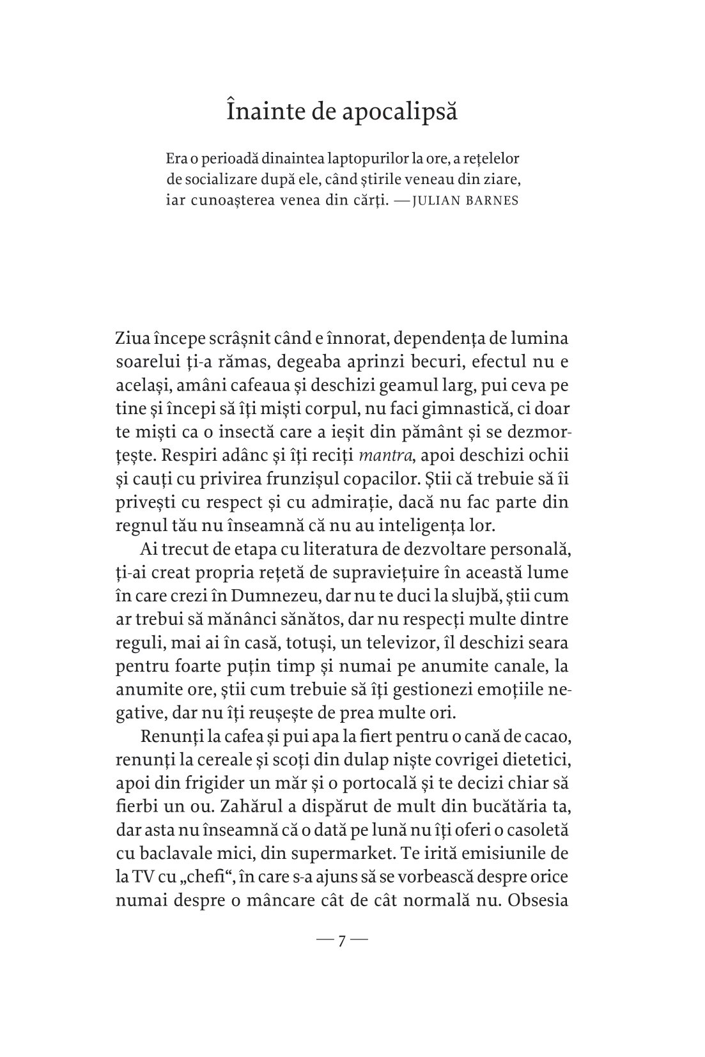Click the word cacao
(549, 736)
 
